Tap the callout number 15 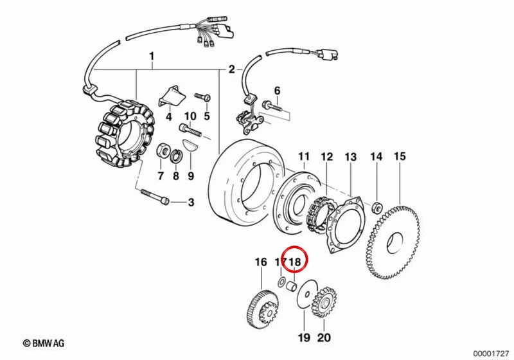click(x=400, y=156)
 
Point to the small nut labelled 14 click(x=377, y=208)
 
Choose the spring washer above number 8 click(x=175, y=156)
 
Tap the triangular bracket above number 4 click(x=172, y=96)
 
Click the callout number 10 click(x=190, y=116)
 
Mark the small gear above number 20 click(x=323, y=303)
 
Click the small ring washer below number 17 click(x=281, y=282)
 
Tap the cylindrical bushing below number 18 click(x=292, y=285)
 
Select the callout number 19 click(x=304, y=337)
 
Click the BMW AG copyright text click(x=44, y=343)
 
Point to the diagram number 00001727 click(x=491, y=354)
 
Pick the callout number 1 click(x=152, y=57)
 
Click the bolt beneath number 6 click(x=272, y=106)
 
